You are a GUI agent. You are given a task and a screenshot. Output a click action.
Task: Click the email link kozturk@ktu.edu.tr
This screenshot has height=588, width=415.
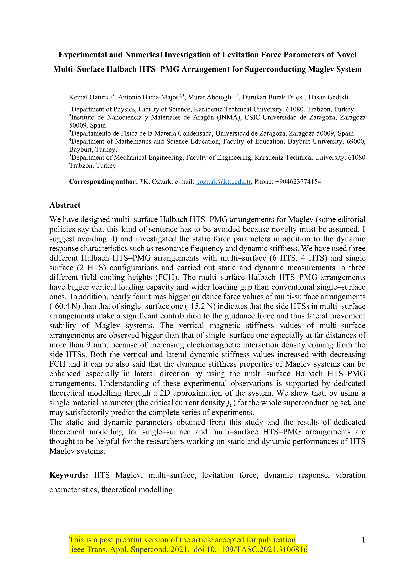[223, 182]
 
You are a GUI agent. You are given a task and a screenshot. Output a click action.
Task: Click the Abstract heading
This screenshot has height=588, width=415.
[65, 205]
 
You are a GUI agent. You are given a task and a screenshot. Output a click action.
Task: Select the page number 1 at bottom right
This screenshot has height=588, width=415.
[363, 540]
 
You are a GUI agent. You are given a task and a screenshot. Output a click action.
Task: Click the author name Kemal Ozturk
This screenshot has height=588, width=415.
[89, 98]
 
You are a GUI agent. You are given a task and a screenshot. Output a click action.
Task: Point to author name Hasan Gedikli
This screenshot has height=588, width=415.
[328, 98]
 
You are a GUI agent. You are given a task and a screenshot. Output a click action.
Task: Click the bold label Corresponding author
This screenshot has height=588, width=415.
[103, 182]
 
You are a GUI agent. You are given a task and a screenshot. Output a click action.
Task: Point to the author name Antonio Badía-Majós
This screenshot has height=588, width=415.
[148, 98]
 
